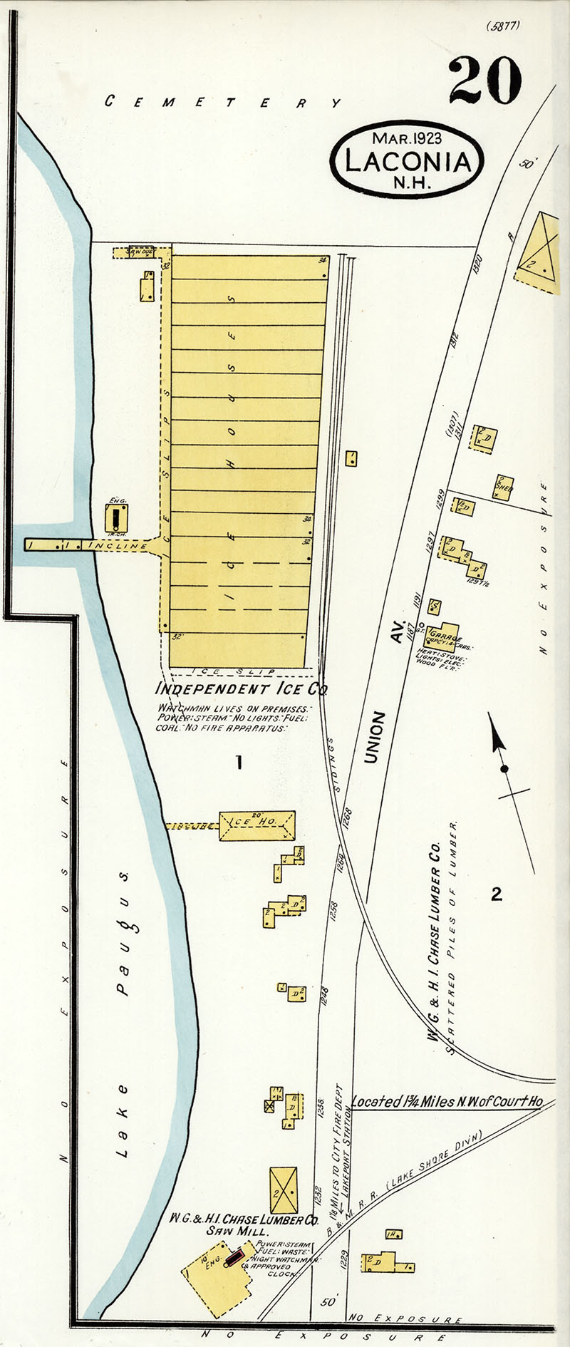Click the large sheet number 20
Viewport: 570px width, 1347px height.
coord(485,80)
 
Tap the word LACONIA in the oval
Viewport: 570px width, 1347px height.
coord(408,162)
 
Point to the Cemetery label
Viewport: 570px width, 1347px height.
coord(223,101)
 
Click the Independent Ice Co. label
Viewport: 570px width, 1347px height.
coord(242,689)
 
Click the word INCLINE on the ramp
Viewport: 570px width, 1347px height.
coord(117,545)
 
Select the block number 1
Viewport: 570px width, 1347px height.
coord(239,763)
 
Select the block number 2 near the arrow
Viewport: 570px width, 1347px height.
coord(497,893)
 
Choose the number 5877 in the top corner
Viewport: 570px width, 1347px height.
coord(503,26)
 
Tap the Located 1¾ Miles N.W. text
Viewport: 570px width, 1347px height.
coord(447,1101)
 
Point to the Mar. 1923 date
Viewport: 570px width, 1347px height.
coord(407,138)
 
